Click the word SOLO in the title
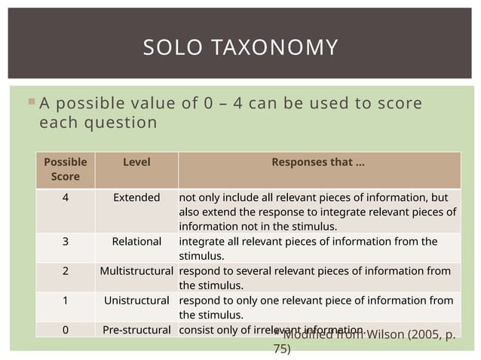coord(170,48)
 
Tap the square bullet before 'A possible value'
coord(31,102)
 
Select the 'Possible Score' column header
coord(66,169)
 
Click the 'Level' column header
coord(136,163)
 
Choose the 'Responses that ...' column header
coord(318,163)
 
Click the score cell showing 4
coord(66,197)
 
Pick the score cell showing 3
coord(66,241)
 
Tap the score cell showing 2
coord(66,270)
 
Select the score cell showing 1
coord(66,300)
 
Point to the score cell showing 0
coord(66,329)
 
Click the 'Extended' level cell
coord(136,197)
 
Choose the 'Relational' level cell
coord(136,241)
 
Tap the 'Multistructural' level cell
coord(136,270)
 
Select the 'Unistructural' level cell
coord(136,300)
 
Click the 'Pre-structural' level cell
coord(136,329)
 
